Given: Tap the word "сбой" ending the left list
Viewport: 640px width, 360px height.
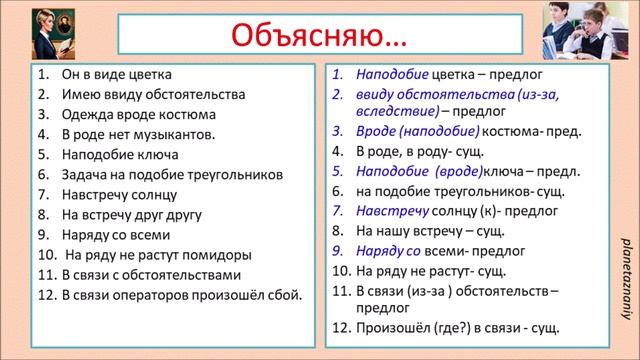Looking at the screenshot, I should click(x=286, y=295).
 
